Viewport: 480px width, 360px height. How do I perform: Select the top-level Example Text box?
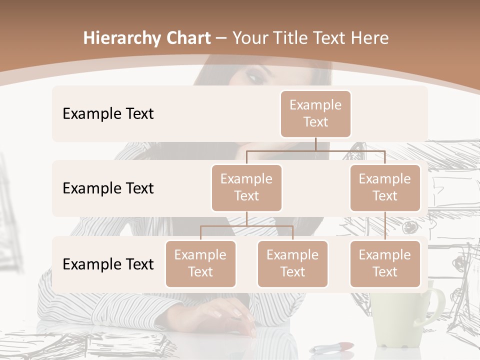[315, 114]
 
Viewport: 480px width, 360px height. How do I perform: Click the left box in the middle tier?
[246, 188]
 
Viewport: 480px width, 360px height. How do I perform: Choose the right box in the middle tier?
[385, 188]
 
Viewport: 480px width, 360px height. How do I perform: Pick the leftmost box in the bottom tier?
[200, 264]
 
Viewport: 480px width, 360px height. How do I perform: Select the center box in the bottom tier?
[292, 264]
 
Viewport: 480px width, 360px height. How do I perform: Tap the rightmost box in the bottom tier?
[385, 264]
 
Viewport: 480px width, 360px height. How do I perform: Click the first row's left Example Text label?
[108, 114]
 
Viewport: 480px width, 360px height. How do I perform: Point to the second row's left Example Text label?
[108, 188]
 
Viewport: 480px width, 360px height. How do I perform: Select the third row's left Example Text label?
[108, 264]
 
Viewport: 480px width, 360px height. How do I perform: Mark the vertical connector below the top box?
[315, 144]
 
